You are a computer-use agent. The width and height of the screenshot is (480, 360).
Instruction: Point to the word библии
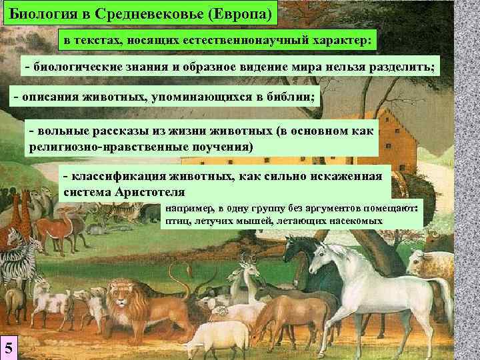pos(293,97)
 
